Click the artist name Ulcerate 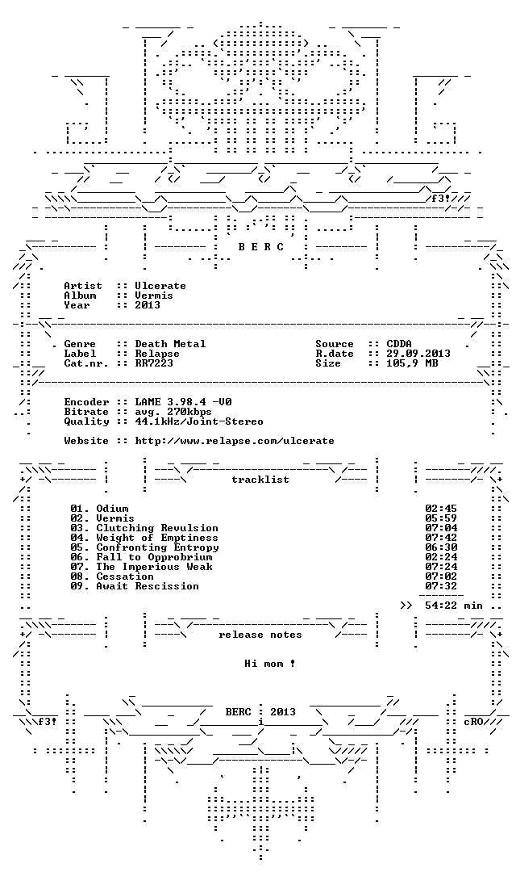click(160, 286)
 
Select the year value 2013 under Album click(148, 304)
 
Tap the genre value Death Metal click(170, 344)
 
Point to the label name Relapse click(157, 354)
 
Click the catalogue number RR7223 click(154, 363)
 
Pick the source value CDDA click(399, 344)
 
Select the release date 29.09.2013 click(418, 354)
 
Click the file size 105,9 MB click(412, 363)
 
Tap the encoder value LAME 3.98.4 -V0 click(183, 402)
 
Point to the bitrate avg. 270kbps click(173, 412)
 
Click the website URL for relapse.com click(235, 441)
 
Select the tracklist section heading click(260, 480)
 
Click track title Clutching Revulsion click(157, 528)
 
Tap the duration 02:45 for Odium click(441, 509)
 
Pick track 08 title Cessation click(125, 576)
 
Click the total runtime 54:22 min click(454, 606)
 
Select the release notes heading click(260, 635)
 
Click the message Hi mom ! click(270, 664)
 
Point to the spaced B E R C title click(261, 247)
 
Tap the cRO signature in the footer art click(474, 722)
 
